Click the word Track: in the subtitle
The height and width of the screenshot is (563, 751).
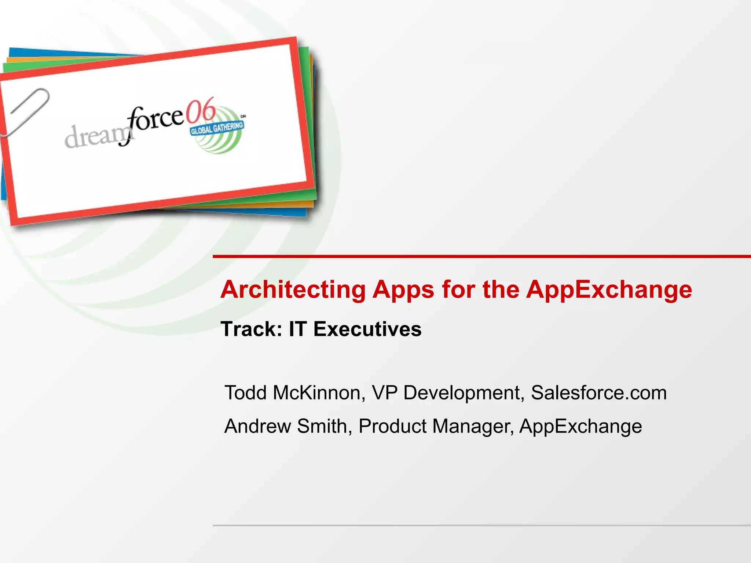[x=251, y=329]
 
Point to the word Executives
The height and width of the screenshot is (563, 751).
[x=367, y=329]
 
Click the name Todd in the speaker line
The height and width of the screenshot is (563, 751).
[x=245, y=393]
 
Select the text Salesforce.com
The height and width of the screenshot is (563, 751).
[x=598, y=393]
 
